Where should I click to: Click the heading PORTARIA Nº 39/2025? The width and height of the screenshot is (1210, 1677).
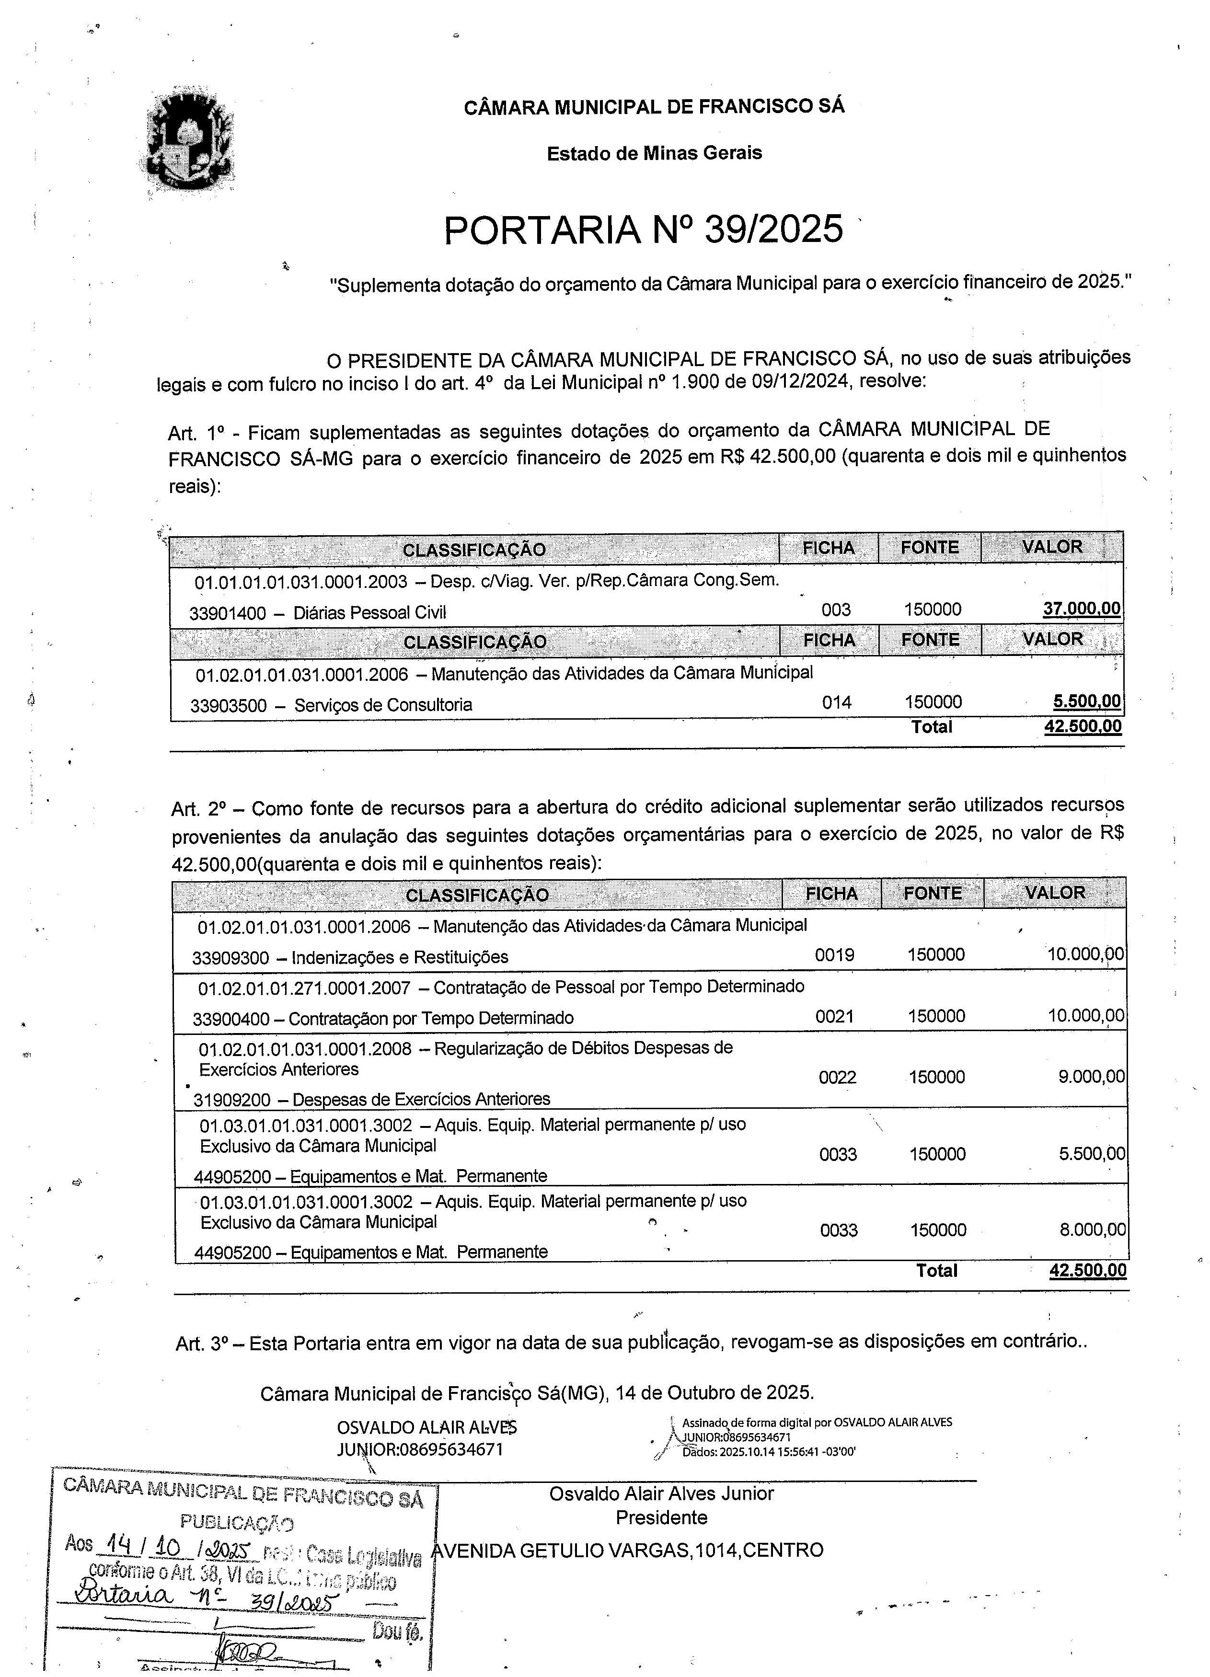point(643,229)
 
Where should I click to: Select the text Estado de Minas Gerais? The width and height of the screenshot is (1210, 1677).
point(654,153)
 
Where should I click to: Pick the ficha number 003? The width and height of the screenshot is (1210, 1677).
point(836,610)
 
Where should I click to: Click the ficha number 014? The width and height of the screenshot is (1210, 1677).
point(837,702)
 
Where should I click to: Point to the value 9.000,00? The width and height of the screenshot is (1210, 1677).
point(1091,1077)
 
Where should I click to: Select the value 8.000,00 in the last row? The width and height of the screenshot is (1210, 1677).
point(1093,1229)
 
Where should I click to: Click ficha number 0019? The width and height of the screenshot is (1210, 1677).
point(834,954)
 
